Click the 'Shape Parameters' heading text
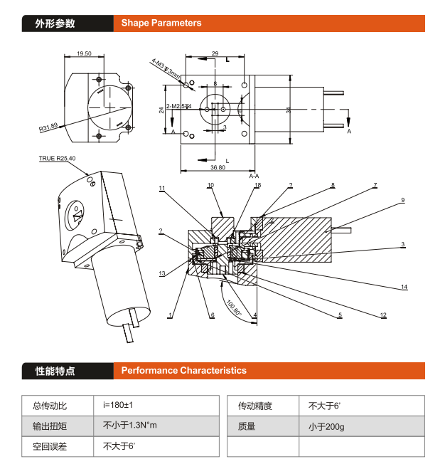click(x=161, y=23)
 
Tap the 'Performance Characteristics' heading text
click(x=183, y=370)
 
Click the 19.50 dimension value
click(x=84, y=53)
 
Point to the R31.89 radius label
click(x=48, y=128)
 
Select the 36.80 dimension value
click(x=217, y=168)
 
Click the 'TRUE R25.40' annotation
click(x=57, y=158)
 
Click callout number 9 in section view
click(x=402, y=200)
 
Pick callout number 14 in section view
click(x=404, y=287)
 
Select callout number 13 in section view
click(x=162, y=273)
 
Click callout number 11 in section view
click(x=162, y=188)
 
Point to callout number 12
click(x=383, y=315)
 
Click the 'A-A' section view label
click(x=254, y=176)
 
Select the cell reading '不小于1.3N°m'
click(x=129, y=426)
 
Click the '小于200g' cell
click(x=326, y=426)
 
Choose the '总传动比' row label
click(x=49, y=406)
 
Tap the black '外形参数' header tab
click(x=55, y=23)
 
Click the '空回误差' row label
click(x=49, y=447)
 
